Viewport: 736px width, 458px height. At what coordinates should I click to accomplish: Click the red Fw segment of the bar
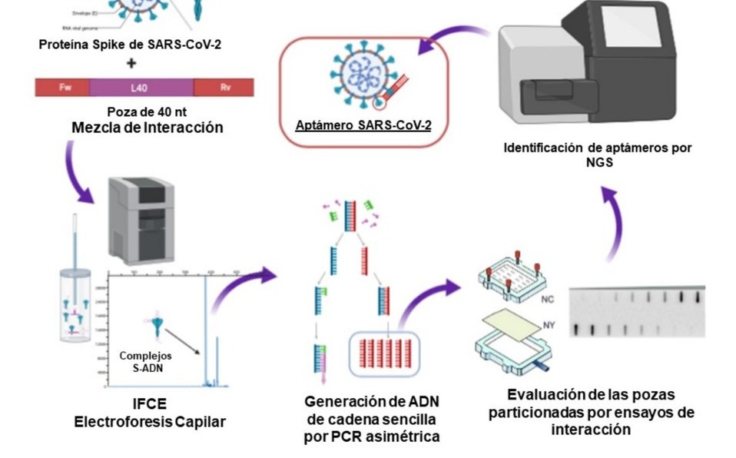(x=62, y=87)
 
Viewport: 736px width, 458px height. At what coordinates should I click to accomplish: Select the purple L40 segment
(x=141, y=87)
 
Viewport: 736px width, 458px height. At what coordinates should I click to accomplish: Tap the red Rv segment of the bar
(x=224, y=87)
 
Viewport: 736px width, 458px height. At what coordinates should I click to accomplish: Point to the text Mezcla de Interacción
(x=147, y=128)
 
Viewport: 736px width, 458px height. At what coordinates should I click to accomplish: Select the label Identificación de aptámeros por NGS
(x=598, y=154)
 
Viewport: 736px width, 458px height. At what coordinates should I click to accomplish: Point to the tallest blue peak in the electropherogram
(x=205, y=330)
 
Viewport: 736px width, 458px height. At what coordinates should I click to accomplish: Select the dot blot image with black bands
(x=637, y=312)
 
